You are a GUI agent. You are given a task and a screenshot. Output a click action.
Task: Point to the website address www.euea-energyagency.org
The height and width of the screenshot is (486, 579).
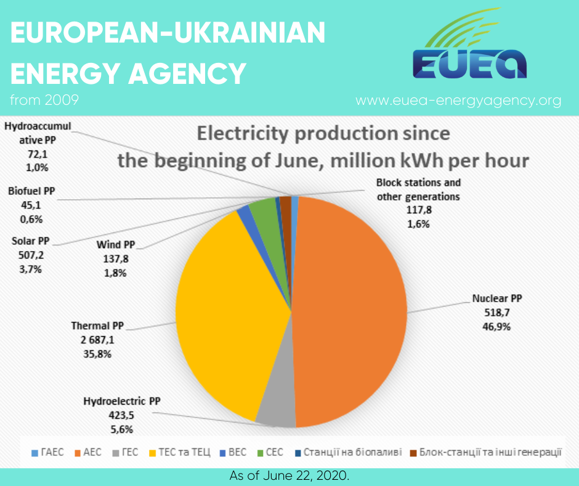[458, 101]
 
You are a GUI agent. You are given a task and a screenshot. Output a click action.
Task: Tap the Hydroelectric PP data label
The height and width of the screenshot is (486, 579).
[121, 415]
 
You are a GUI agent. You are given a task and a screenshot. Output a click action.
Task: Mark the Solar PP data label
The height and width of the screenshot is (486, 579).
[31, 254]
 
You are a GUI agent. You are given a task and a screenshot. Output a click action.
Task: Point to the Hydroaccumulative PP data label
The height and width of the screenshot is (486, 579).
[38, 146]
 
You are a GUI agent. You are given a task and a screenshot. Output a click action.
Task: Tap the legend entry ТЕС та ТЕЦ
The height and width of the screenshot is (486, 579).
[182, 453]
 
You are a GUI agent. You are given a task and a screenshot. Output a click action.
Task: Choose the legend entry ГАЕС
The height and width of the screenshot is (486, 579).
[47, 453]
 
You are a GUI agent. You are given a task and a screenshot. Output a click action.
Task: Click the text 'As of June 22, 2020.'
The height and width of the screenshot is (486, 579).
[289, 476]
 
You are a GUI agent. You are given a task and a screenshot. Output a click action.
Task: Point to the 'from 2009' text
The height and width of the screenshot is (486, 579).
[44, 99]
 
